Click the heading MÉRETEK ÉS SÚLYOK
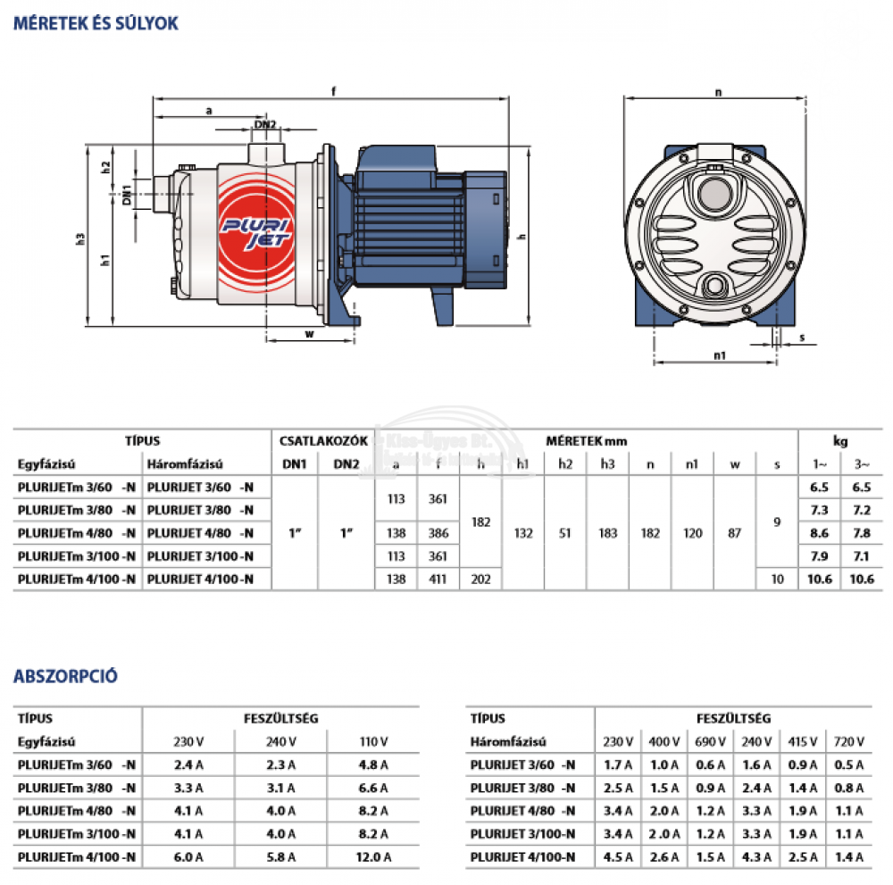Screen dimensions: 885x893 (96, 24)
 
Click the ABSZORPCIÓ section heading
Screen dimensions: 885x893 (65, 676)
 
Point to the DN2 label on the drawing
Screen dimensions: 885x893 (265, 125)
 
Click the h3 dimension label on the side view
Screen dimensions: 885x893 (81, 238)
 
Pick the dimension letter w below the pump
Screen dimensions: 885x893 (309, 335)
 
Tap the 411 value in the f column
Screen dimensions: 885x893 (438, 580)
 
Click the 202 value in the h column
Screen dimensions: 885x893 (481, 580)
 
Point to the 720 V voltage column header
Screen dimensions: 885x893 (848, 741)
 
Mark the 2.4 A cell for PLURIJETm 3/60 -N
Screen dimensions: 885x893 (188, 764)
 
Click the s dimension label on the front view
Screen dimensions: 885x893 (801, 338)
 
